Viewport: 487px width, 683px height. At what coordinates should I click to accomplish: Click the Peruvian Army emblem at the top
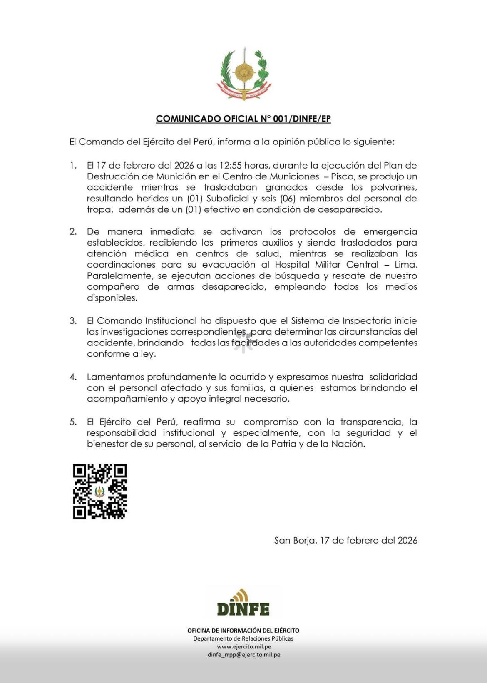(x=243, y=74)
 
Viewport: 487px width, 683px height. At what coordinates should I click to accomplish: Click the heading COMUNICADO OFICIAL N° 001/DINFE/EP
(x=243, y=119)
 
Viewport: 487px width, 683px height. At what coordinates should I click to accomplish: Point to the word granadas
(x=286, y=187)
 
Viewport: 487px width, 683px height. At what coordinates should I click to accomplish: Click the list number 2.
(x=73, y=232)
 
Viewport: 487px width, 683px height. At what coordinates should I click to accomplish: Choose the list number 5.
(x=73, y=422)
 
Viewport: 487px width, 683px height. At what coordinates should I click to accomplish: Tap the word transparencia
(x=371, y=422)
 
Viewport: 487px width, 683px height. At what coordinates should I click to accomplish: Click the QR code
(x=100, y=492)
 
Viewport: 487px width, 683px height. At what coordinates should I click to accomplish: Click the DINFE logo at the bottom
(x=243, y=603)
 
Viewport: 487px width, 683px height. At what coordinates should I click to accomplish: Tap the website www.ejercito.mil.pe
(x=244, y=647)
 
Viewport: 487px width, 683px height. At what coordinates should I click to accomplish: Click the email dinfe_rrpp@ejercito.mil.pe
(x=244, y=655)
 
